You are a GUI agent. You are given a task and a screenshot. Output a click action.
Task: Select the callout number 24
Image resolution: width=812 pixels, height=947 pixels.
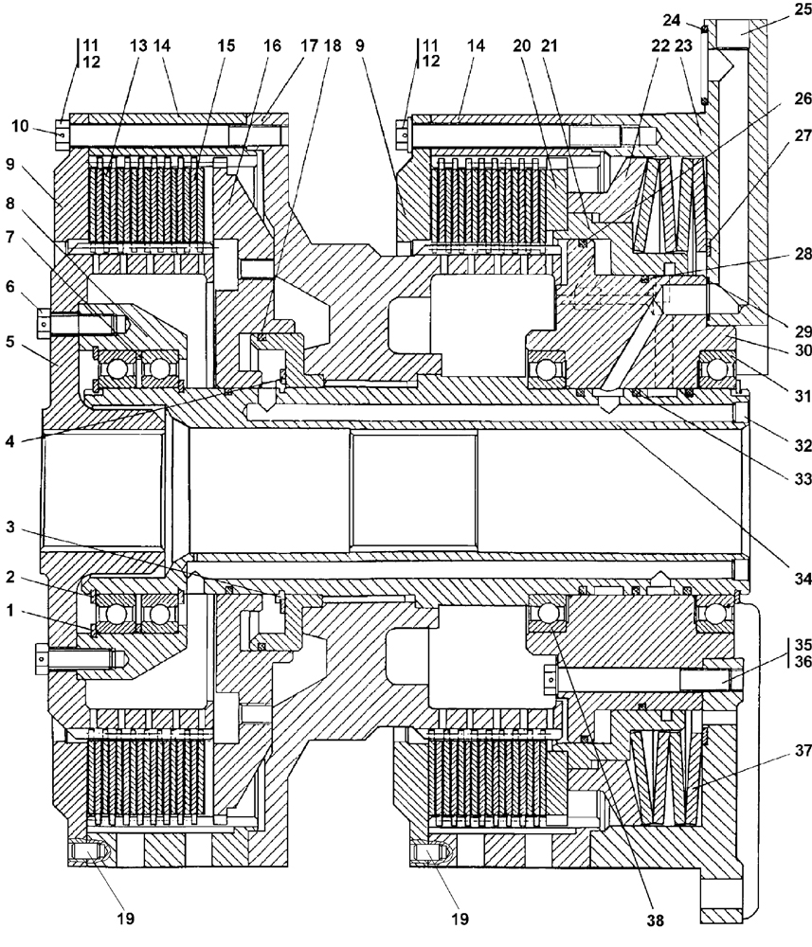click(x=697, y=19)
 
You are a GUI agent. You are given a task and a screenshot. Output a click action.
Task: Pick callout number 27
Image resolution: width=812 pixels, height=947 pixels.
click(x=802, y=214)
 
